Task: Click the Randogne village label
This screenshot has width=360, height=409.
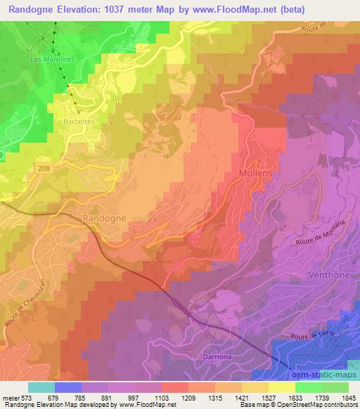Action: (x=104, y=218)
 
